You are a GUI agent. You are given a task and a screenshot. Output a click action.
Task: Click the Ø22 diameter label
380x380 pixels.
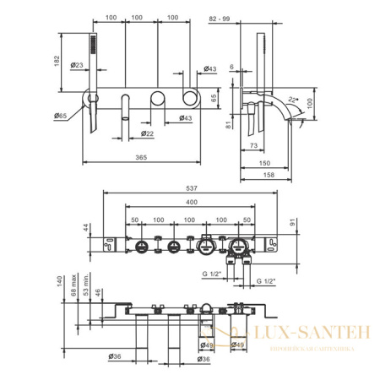click(x=147, y=133)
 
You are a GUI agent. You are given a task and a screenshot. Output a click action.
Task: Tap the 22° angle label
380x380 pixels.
click(x=291, y=98)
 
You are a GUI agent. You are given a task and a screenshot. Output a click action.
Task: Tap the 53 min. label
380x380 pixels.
click(x=85, y=294)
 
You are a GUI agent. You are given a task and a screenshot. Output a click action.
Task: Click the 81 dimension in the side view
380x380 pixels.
click(x=230, y=125)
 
